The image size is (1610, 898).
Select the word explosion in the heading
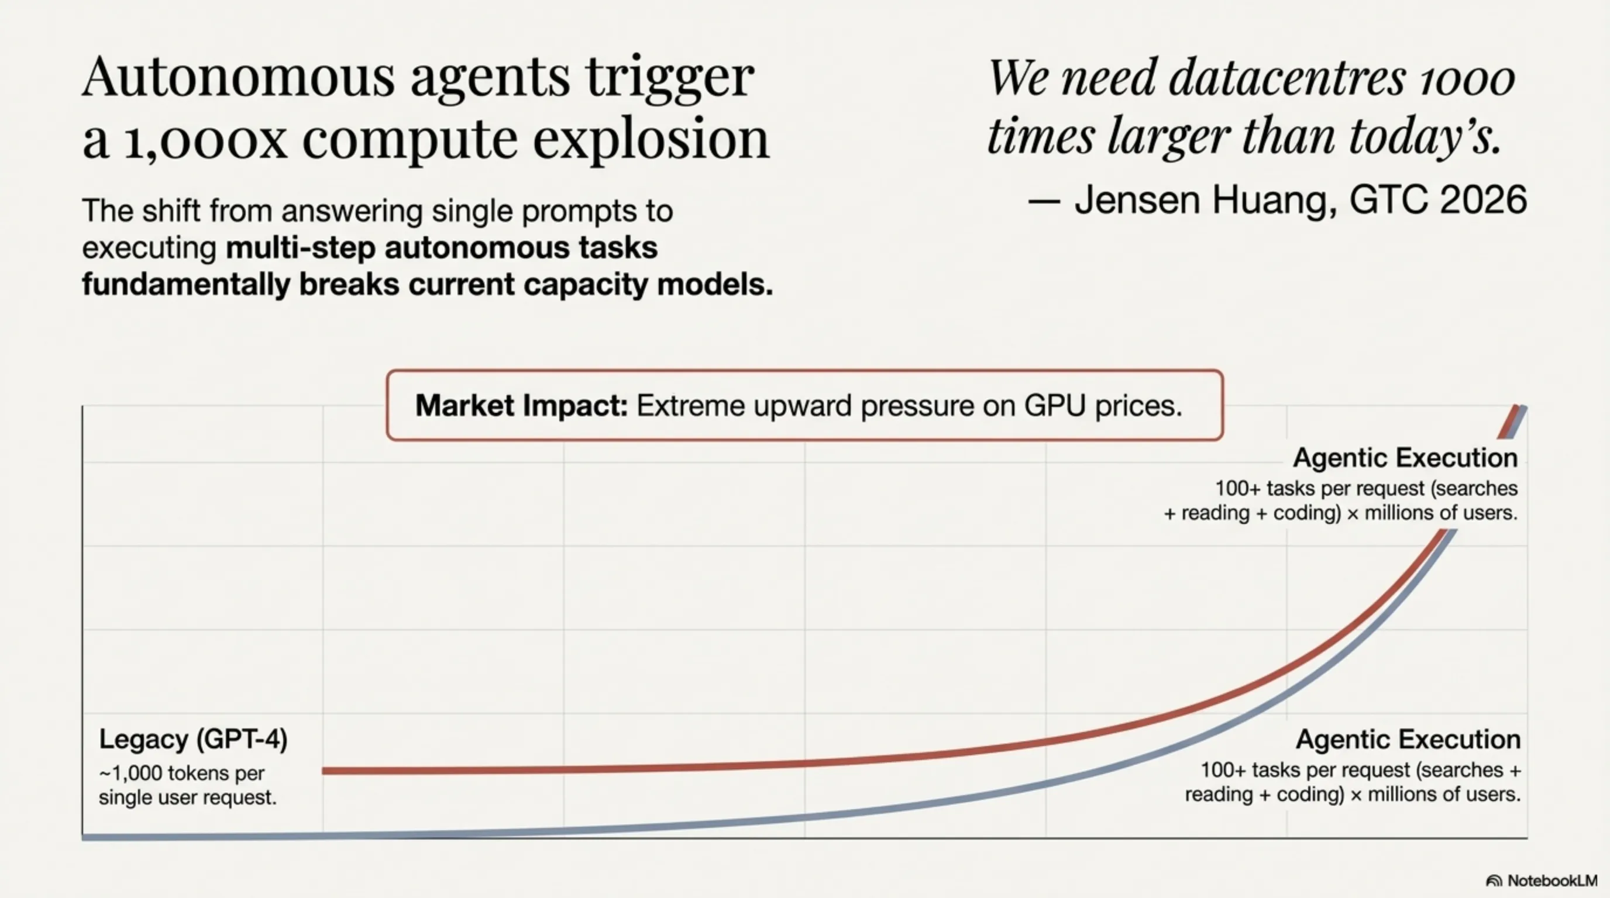point(651,138)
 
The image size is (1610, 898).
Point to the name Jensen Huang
point(1206,201)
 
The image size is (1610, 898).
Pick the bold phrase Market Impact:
point(521,406)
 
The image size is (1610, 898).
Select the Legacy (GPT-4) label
point(193,740)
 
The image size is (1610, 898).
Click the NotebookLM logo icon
point(1494,881)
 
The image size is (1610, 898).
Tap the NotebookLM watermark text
point(1553,881)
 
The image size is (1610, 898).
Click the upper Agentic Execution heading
point(1405,458)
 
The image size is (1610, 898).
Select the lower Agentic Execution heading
point(1408,740)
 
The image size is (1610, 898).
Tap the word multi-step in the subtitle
point(301,248)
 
